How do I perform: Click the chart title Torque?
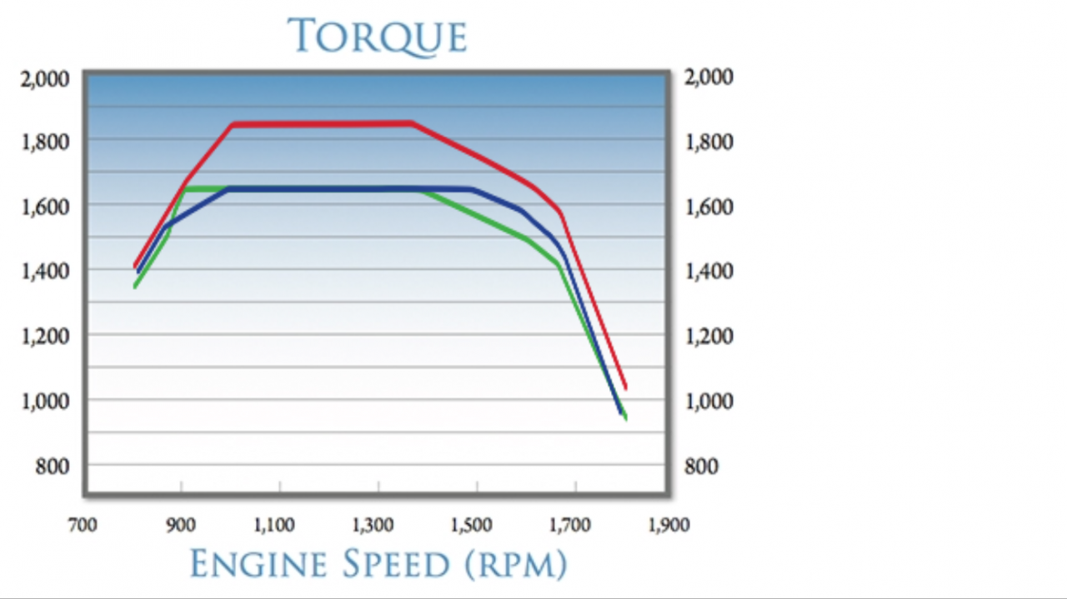point(377,37)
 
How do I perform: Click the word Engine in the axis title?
point(259,563)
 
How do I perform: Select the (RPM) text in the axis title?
point(516,564)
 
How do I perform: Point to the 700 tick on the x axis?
point(83,525)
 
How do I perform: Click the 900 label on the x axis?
point(181,525)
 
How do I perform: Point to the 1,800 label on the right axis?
point(709,142)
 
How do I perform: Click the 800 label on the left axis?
point(52,467)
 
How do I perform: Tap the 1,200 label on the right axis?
point(709,336)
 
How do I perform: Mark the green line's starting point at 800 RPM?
point(135,287)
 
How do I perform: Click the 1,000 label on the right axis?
point(709,401)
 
